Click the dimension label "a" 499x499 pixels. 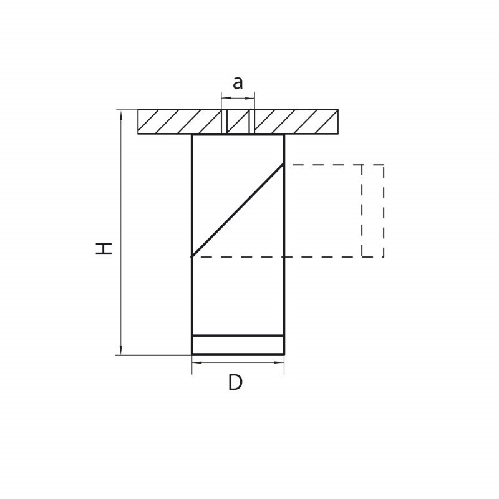click(x=238, y=83)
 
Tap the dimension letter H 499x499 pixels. click(x=104, y=248)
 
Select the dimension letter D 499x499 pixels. click(x=236, y=382)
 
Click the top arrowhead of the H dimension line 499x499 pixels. click(x=120, y=115)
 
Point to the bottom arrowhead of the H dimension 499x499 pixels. click(x=120, y=349)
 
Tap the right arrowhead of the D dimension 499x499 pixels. click(x=279, y=362)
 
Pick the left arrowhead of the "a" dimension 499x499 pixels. click(x=226, y=99)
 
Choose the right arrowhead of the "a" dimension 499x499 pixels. click(x=250, y=99)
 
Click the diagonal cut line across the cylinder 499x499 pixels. click(x=238, y=210)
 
